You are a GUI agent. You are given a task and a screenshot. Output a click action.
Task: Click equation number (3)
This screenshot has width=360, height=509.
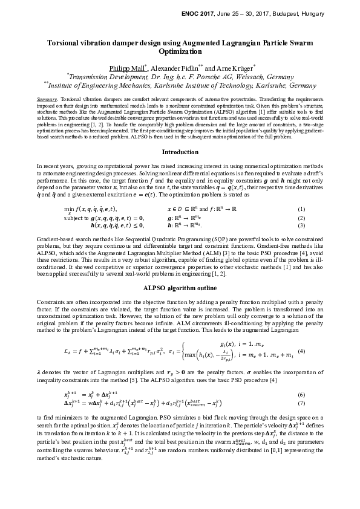[318, 225]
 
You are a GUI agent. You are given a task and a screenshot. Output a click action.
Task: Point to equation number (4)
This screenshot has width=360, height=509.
[318, 351]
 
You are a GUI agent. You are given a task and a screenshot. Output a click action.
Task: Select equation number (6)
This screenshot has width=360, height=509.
[318, 395]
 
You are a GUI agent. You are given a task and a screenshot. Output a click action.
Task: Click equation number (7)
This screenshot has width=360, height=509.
[318, 403]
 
